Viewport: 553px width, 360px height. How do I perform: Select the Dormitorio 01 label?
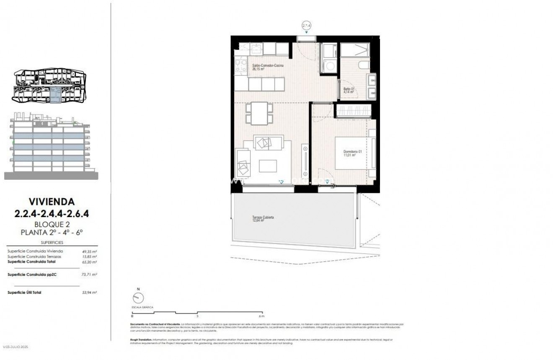pos(349,153)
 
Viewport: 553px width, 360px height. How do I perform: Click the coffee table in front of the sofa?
pos(268,166)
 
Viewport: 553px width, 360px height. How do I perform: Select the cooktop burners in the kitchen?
pos(241,66)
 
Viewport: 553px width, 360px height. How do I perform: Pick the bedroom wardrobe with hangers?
pos(353,111)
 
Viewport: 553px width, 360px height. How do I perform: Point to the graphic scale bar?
pos(197,312)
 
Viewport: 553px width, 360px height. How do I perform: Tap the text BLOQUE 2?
pos(52,224)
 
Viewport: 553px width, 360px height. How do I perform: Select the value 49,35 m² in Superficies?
pos(89,251)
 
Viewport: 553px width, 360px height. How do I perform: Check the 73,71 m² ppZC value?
pos(89,275)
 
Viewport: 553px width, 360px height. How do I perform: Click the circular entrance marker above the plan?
pos(306,26)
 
